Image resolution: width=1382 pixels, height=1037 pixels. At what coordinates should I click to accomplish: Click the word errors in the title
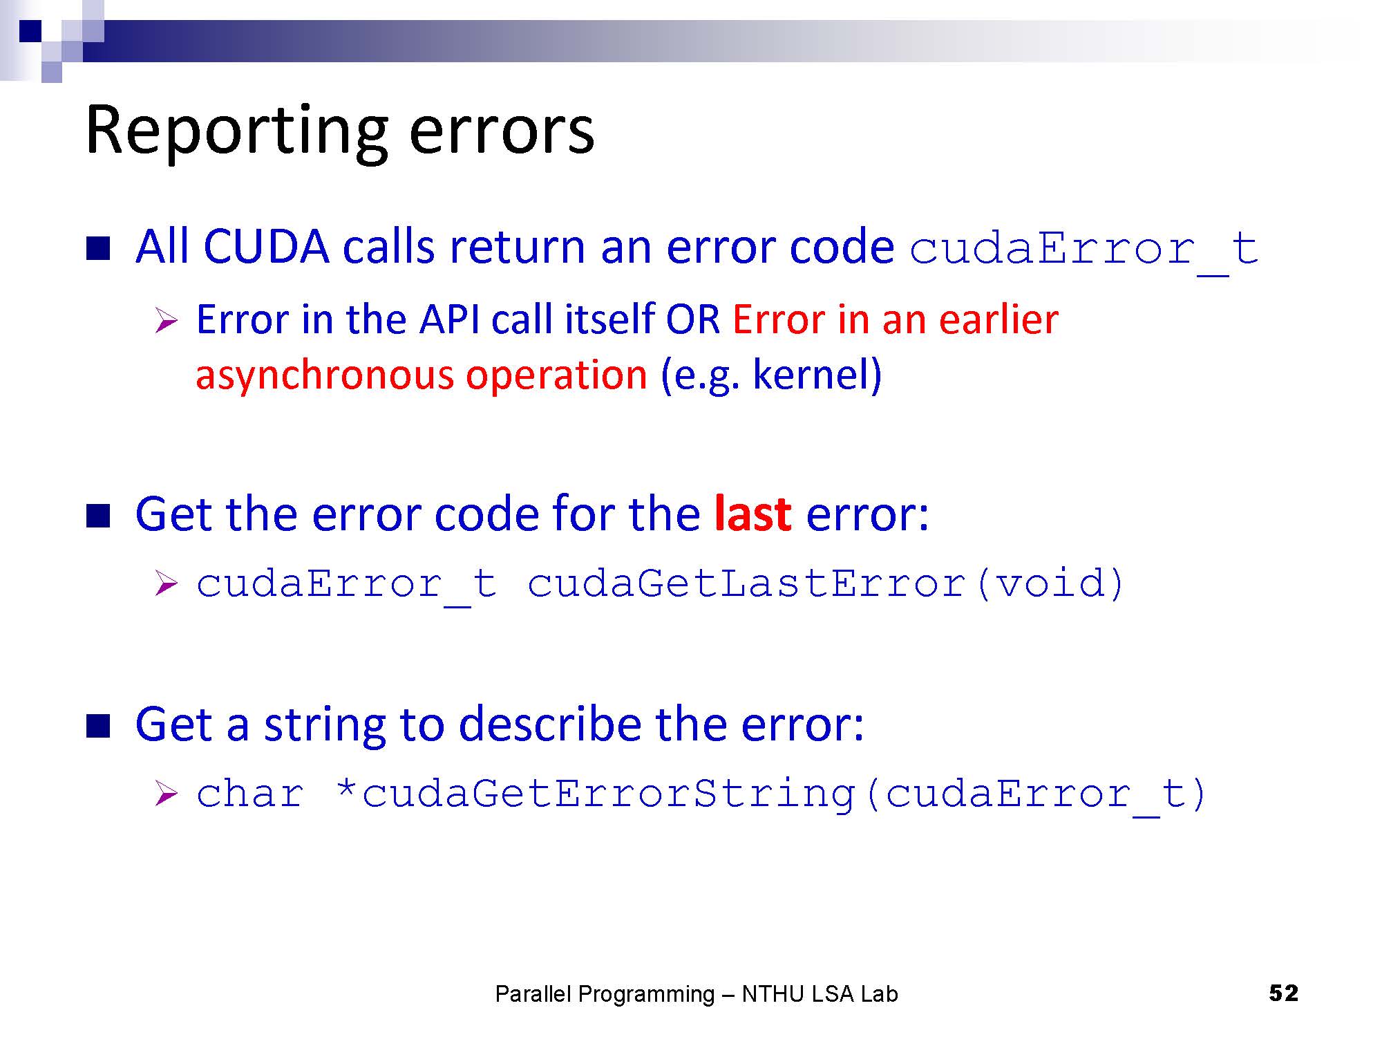502,133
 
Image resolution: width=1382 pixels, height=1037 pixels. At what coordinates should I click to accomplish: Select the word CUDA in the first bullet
266,247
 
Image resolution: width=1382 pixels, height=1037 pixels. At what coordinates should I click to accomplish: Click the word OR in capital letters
692,320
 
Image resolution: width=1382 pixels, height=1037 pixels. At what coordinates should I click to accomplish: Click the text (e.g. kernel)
771,375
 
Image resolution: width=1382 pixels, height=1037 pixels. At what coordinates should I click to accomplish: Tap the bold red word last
752,514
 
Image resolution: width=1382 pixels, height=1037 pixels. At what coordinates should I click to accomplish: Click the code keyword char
250,793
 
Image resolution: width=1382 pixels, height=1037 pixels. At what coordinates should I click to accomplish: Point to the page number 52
1284,993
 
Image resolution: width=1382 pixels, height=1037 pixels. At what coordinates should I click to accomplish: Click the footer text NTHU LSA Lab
820,994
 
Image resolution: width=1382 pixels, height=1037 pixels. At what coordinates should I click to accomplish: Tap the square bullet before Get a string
98,727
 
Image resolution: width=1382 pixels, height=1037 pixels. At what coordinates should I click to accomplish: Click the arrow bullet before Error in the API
167,321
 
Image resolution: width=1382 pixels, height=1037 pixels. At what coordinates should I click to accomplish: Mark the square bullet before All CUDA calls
98,248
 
